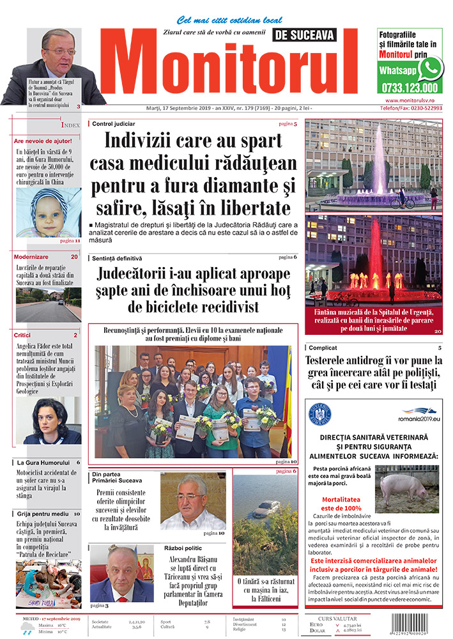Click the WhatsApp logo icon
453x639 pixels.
coord(431,68)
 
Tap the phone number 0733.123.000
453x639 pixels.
coord(409,88)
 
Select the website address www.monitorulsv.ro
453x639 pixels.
coord(410,100)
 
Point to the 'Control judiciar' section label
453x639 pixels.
coord(114,123)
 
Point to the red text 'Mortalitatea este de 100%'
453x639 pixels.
coord(342,504)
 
